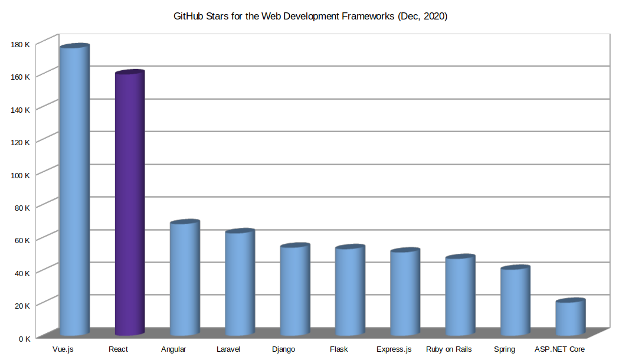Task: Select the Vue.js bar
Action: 74,189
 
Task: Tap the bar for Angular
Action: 185,277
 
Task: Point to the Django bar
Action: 294,289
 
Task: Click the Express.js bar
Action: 405,292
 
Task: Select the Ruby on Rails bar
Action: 460,295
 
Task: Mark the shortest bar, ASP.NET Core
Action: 570,317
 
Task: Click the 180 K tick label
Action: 20,44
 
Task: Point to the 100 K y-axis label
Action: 20,175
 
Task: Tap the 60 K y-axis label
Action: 22,240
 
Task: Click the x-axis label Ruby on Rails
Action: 448,349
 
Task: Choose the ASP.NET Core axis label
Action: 559,349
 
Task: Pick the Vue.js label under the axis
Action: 63,349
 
